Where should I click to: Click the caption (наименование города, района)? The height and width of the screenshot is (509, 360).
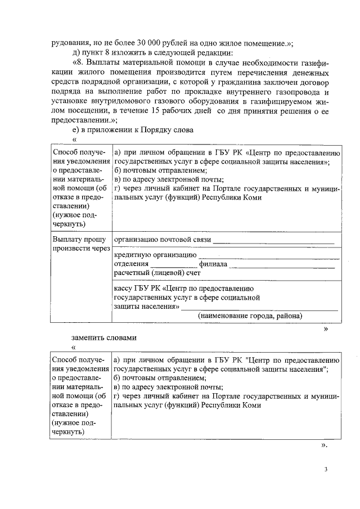(250, 316)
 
